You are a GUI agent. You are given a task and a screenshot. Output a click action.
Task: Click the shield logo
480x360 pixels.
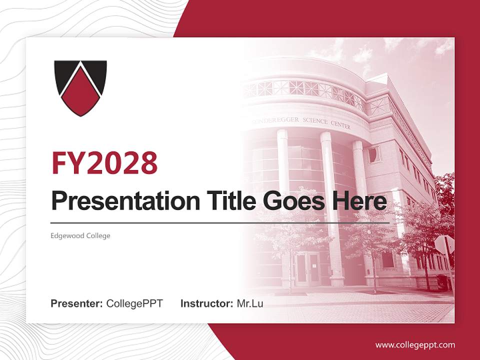(x=80, y=87)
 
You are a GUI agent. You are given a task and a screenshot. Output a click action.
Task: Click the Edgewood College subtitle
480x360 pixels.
(x=80, y=235)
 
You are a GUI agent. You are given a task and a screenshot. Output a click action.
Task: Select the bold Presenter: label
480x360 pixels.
(x=77, y=303)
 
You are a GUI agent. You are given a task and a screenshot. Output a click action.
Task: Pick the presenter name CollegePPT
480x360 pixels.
(x=134, y=303)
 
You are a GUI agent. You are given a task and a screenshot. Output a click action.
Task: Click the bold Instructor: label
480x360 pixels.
(x=206, y=303)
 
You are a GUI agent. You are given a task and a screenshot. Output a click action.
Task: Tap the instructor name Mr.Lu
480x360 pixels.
(x=250, y=303)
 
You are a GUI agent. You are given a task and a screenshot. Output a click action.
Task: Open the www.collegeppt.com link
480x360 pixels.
(x=415, y=344)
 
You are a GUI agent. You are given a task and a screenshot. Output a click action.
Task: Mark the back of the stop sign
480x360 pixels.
(x=444, y=244)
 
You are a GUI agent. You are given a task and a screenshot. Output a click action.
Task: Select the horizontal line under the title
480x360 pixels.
(x=220, y=222)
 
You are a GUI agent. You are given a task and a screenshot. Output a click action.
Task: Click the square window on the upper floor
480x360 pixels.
(x=374, y=154)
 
